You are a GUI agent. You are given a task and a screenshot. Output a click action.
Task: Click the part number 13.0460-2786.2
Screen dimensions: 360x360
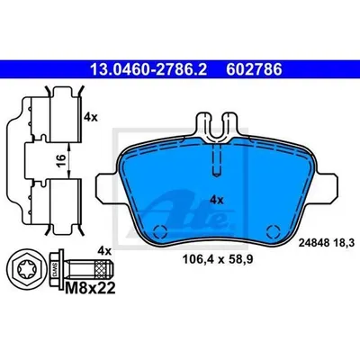(148, 69)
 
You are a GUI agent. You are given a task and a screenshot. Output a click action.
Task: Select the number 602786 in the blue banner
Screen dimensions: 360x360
(254, 69)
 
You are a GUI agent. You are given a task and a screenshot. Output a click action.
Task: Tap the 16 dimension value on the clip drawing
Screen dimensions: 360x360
(60, 160)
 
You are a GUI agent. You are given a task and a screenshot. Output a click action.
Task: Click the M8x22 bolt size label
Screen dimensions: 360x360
(90, 289)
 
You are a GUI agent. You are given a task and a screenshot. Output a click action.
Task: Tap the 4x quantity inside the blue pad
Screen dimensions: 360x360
(217, 200)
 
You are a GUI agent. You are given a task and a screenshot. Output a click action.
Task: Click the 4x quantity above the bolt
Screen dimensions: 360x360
(104, 250)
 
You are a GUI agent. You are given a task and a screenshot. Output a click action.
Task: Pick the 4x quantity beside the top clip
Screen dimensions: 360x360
(91, 117)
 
